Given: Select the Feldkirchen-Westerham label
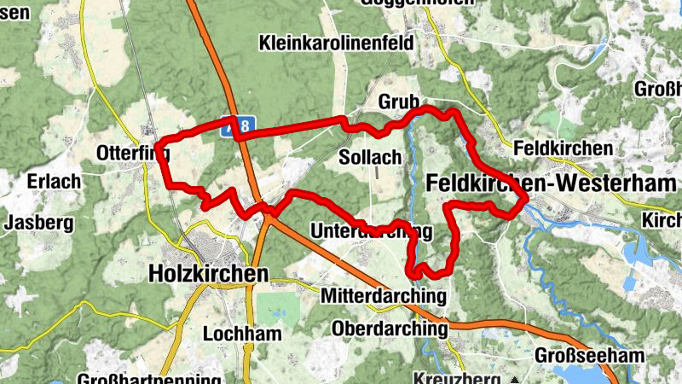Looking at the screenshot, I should click(550, 183).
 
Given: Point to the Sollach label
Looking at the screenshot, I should click(369, 158).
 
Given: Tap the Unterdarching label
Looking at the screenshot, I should click(372, 232).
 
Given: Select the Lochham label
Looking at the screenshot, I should click(242, 334).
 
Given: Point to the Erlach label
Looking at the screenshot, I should click(53, 182).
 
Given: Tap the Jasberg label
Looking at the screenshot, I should click(36, 224).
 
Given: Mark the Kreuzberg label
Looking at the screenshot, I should click(459, 378).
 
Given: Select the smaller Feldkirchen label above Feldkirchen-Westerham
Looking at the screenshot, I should click(563, 148).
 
